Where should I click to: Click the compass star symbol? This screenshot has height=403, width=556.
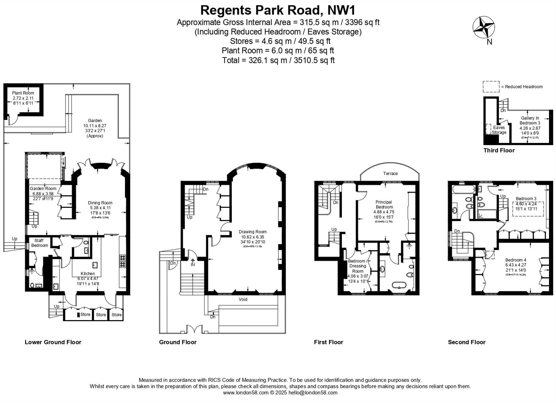[x=484, y=27]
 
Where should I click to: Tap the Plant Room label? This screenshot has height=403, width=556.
[x=23, y=93]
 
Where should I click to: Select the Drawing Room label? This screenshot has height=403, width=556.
[x=253, y=232]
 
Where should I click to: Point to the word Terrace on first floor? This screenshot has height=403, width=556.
[x=390, y=174]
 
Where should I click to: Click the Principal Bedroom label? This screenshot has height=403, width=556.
[x=384, y=204]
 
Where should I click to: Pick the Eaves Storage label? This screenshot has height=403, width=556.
[x=499, y=130]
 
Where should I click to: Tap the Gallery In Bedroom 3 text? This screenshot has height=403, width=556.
[x=530, y=121]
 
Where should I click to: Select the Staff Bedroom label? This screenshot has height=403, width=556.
[x=39, y=243]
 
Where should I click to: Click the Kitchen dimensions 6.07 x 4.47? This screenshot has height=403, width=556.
[x=88, y=279]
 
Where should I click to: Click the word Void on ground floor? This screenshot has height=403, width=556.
[x=243, y=299]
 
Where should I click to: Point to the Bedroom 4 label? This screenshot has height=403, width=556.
[x=516, y=260]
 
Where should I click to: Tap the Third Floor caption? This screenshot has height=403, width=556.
[x=499, y=150]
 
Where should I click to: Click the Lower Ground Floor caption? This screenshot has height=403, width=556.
[x=53, y=342]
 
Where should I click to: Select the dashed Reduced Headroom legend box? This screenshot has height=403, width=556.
[x=491, y=87]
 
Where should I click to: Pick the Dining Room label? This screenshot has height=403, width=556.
[x=100, y=203]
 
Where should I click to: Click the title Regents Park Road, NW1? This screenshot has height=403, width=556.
[x=278, y=10]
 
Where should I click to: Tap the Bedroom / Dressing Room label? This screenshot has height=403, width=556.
[x=358, y=266]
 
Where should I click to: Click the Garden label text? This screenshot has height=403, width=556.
[x=95, y=121]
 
